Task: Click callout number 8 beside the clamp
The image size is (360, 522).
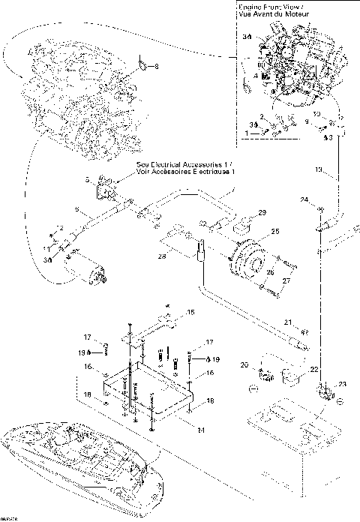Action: point(157,67)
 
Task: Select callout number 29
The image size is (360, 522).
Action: point(262,214)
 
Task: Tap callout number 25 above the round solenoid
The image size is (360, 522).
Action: point(274,232)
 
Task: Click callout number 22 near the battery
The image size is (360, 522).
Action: point(313,369)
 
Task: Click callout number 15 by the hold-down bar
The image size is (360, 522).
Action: point(190,311)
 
